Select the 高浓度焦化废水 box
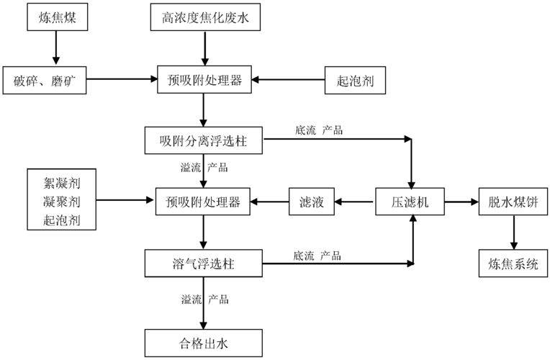tap(205, 17)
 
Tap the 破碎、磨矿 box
tap(45, 79)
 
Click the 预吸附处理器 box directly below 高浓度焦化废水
tap(205, 79)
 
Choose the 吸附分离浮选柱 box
tap(205, 140)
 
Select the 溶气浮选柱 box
tap(205, 264)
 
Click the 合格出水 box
tap(205, 341)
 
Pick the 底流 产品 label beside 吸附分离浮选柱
tap(318, 130)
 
